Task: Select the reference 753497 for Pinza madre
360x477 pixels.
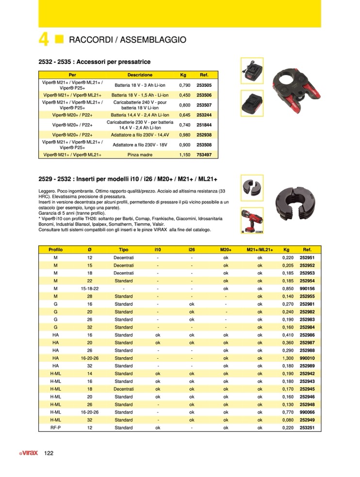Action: (x=204, y=155)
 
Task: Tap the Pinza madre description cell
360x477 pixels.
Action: (x=140, y=155)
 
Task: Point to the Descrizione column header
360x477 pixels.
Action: (x=140, y=75)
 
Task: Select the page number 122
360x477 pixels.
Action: (x=49, y=453)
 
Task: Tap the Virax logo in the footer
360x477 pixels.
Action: (x=29, y=453)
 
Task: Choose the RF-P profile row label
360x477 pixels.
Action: (x=55, y=428)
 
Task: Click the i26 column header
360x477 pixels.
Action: (x=192, y=249)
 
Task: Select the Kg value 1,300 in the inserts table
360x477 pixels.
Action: (x=289, y=358)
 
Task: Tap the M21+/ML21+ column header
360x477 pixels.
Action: (x=260, y=249)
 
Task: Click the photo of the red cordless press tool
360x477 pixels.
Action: (x=251, y=220)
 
